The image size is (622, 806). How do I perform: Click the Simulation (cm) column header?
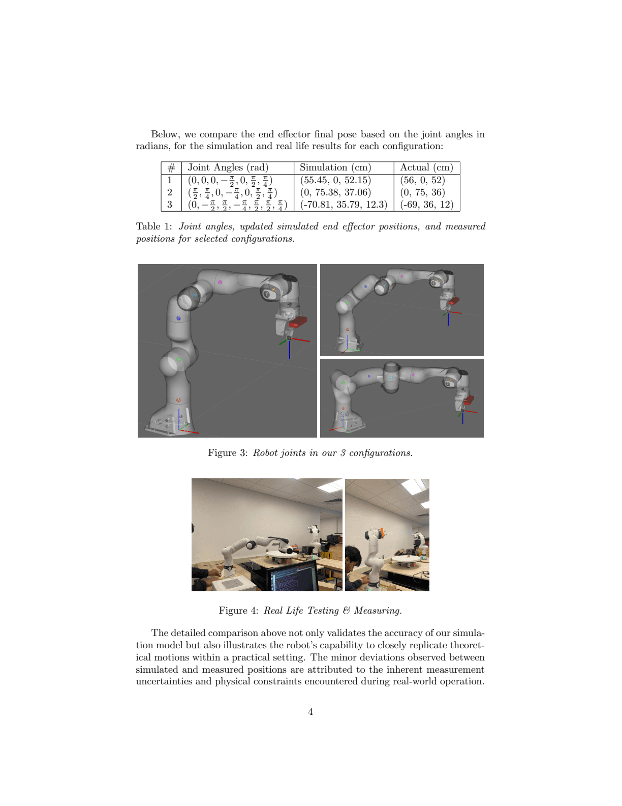coord(335,167)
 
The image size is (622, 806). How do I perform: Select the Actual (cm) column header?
coord(426,167)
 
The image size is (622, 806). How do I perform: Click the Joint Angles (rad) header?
coord(228,167)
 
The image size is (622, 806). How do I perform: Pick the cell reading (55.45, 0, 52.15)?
coord(335,180)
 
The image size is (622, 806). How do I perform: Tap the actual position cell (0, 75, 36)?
coord(422,192)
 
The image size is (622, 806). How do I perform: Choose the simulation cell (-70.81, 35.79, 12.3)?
coord(344,205)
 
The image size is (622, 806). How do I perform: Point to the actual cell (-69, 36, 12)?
coord(426,205)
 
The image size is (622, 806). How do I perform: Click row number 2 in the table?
coord(170,192)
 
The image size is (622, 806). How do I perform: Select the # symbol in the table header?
coord(171,168)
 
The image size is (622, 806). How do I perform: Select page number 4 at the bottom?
coord(310,712)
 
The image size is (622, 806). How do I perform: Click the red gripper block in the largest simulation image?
coord(298,322)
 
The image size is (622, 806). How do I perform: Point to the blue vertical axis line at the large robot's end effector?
coord(290,350)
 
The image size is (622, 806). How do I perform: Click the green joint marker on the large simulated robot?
coord(178,359)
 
